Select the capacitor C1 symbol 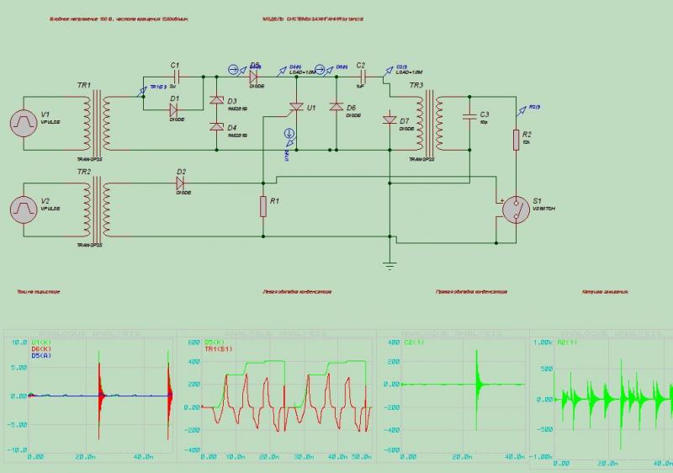point(175,77)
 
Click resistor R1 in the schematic point(263,206)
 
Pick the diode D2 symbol point(180,182)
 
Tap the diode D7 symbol point(389,120)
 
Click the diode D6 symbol point(336,107)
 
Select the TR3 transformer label point(416,86)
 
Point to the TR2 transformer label point(84,172)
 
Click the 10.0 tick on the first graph point(18,343)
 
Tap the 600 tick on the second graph point(193,343)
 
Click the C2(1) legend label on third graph point(412,343)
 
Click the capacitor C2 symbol point(360,77)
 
